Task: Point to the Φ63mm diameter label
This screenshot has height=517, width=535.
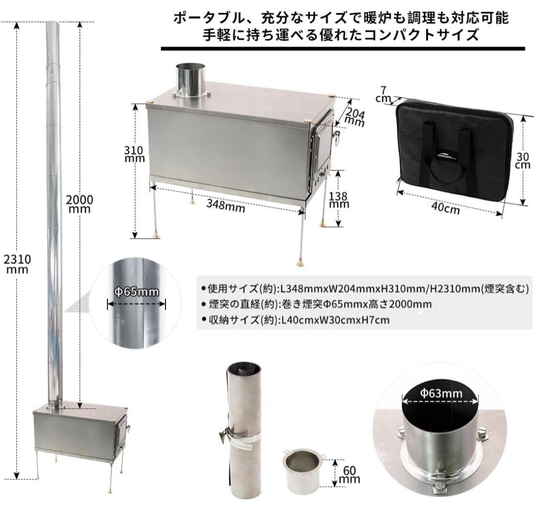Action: coord(441,394)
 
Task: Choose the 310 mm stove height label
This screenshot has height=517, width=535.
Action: coord(134,154)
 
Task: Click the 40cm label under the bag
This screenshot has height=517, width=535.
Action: coord(445,209)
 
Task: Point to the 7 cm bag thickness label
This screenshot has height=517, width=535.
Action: coord(383,94)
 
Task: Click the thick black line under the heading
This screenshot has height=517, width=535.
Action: coord(342,48)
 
